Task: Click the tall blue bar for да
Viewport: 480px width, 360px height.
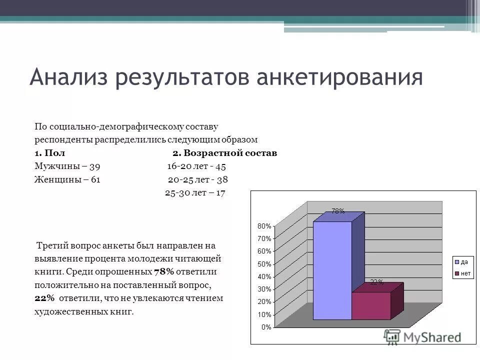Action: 332,270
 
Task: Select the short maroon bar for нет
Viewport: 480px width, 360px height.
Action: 371,305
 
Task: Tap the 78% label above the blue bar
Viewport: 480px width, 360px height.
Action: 337,211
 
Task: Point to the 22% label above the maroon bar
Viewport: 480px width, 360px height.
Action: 376,282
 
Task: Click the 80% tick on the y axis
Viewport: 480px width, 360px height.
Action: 264,226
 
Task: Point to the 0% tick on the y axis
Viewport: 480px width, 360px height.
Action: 266,327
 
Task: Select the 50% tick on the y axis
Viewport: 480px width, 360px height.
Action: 264,264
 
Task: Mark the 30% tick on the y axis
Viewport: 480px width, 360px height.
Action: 264,289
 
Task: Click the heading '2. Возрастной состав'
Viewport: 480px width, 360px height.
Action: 224,153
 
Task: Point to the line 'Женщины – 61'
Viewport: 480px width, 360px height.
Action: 67,179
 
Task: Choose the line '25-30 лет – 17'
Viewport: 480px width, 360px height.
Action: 195,192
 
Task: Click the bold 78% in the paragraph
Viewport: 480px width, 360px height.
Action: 164,272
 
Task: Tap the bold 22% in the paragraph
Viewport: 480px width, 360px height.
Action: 44,298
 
